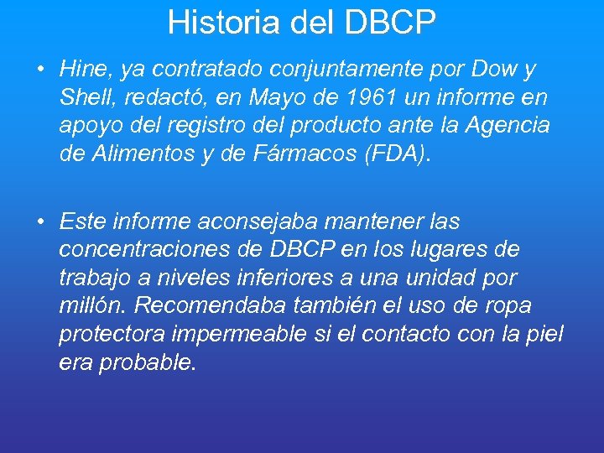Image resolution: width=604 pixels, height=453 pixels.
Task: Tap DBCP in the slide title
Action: click(x=389, y=23)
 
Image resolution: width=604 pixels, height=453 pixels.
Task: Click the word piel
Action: click(x=545, y=335)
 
